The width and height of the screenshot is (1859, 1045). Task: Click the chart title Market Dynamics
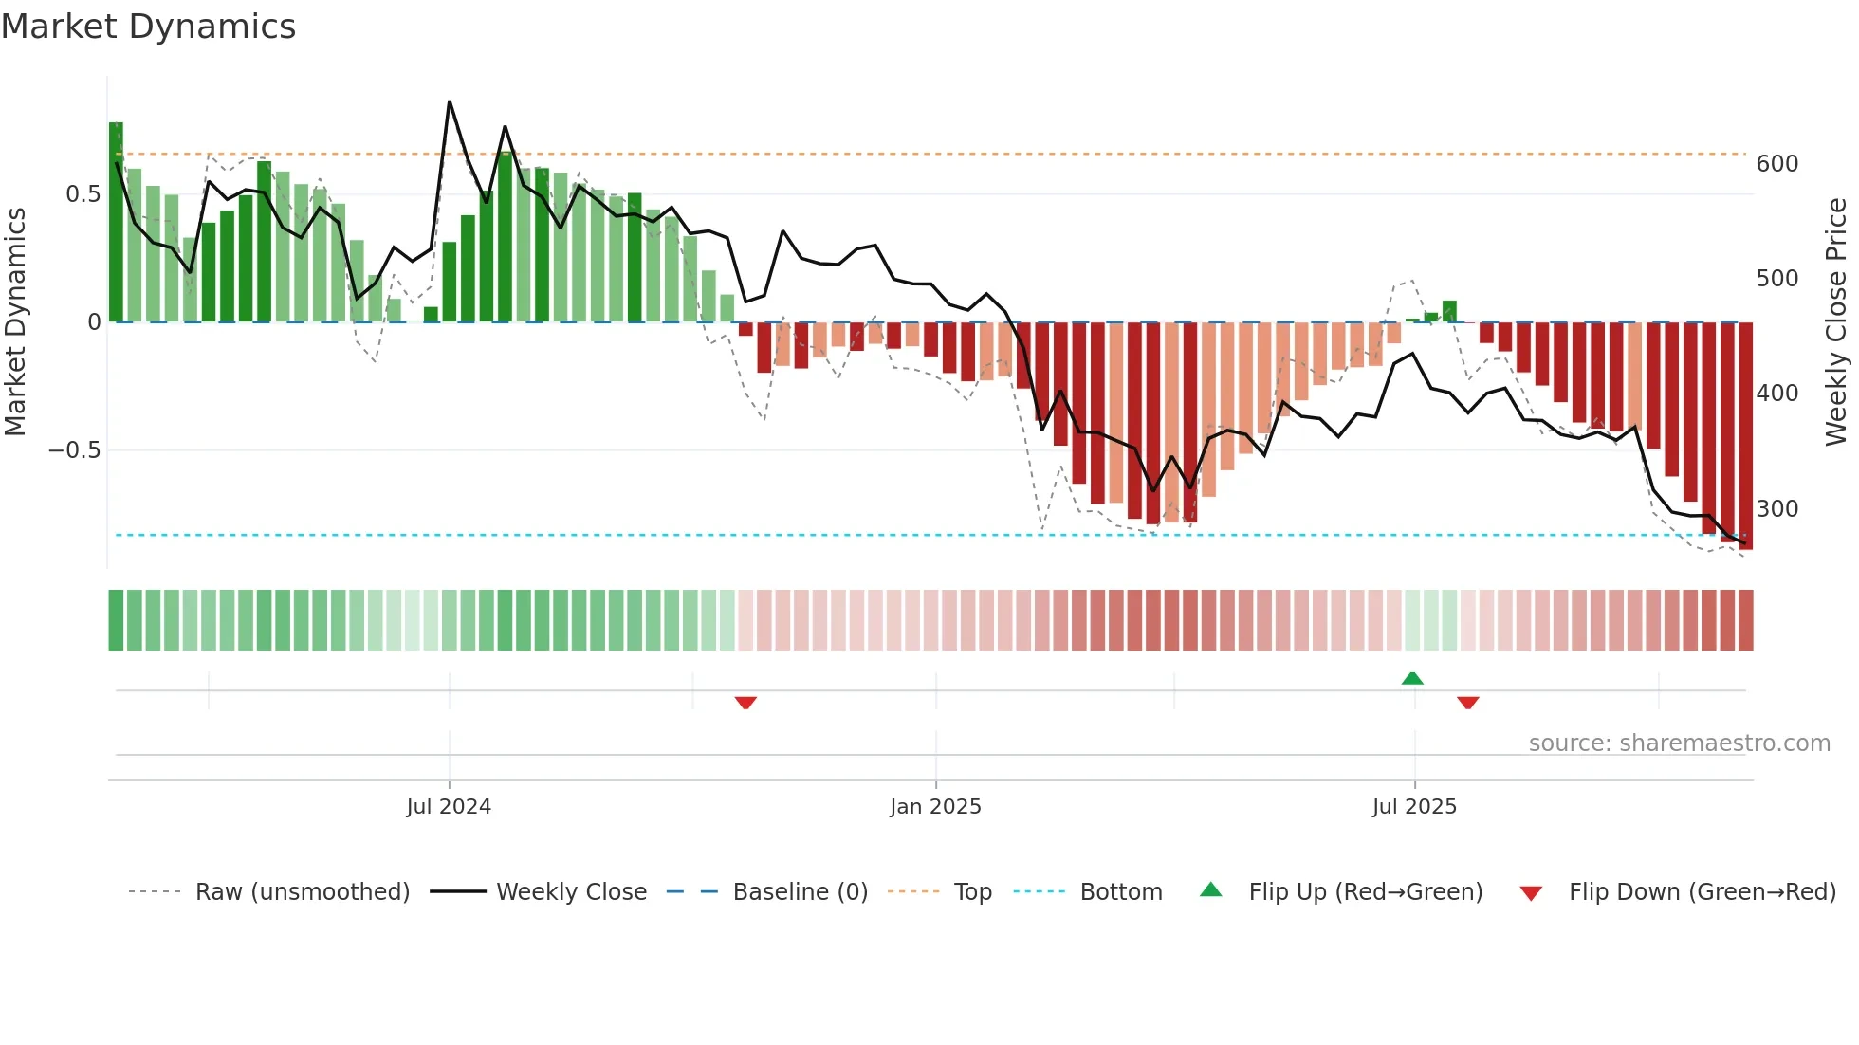[x=148, y=27]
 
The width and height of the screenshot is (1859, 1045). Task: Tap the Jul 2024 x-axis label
[x=449, y=807]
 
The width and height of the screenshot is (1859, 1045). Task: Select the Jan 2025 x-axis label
[x=935, y=807]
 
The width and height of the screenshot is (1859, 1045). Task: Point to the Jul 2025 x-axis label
[x=1414, y=807]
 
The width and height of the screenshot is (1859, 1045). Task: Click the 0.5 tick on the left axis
[x=83, y=194]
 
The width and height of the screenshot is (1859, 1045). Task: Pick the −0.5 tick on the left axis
[x=74, y=449]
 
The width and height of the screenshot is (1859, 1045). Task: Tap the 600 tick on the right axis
[x=1776, y=164]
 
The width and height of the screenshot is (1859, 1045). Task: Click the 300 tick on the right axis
[x=1776, y=509]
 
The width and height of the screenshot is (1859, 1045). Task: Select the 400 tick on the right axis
[x=1776, y=394]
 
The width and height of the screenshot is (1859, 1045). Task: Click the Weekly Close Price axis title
[x=1836, y=322]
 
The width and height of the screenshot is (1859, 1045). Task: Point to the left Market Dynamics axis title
[x=15, y=322]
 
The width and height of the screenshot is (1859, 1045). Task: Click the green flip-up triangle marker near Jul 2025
[x=1412, y=678]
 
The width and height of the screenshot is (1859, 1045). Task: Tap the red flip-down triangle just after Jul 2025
[x=1468, y=703]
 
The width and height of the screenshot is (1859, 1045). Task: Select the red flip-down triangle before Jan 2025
[x=745, y=703]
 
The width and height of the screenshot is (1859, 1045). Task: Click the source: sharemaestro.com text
[x=1679, y=743]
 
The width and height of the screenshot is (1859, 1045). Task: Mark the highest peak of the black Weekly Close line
[x=450, y=101]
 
